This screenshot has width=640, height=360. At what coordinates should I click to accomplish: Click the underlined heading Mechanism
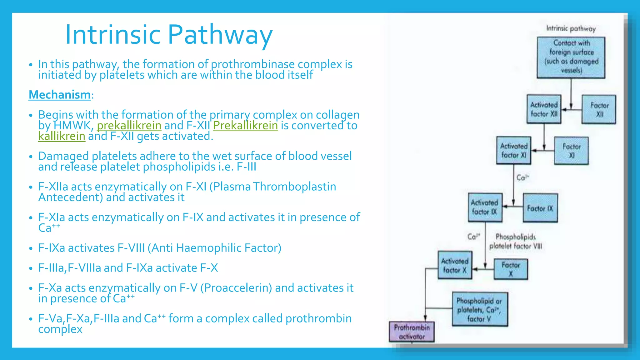tap(59, 95)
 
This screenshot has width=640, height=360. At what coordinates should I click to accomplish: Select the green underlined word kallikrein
tap(62, 136)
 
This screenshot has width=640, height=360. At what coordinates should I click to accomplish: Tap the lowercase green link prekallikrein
tap(129, 126)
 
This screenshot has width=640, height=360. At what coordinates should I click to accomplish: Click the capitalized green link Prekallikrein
tap(245, 126)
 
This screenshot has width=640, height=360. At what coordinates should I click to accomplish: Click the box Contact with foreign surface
tap(571, 57)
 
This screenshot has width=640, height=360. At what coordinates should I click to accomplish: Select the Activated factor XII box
tap(544, 109)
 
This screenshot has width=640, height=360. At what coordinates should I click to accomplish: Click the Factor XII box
tap(599, 110)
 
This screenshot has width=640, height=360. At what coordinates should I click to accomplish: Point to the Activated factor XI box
tap(514, 151)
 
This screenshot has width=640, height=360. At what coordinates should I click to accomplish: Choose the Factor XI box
tap(571, 151)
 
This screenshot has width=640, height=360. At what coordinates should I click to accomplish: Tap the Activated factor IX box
tap(485, 207)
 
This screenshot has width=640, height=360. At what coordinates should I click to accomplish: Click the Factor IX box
tap(540, 208)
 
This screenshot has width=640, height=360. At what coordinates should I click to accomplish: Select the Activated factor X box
tap(455, 265)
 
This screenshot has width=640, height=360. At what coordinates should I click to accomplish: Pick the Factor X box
tap(511, 269)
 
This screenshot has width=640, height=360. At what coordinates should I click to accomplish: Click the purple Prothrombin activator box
tap(412, 332)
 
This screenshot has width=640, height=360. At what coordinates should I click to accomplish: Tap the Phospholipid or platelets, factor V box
tap(480, 309)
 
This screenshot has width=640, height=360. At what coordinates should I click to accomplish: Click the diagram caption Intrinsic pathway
tap(571, 28)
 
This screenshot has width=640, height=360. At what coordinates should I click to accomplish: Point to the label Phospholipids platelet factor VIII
tap(516, 242)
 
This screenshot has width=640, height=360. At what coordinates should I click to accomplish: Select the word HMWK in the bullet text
tap(72, 126)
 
